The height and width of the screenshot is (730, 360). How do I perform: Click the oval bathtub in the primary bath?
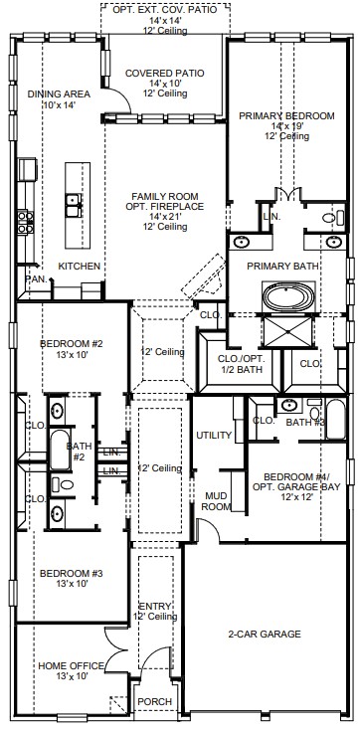pos(288,296)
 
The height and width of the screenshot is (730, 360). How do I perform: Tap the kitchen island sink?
pos(74,205)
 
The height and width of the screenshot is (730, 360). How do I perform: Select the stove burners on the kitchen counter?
pos(26,222)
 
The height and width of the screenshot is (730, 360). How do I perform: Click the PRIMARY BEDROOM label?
pos(286,116)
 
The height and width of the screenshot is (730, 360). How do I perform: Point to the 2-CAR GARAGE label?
pos(265,634)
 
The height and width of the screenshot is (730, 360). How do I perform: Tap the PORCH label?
pos(155,701)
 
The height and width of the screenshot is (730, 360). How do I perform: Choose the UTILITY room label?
pos(214,436)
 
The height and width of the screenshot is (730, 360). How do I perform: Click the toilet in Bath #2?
pos(63,484)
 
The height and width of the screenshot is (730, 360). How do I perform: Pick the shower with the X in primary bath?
pos(288,331)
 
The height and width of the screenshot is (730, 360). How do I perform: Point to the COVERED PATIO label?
pos(165,73)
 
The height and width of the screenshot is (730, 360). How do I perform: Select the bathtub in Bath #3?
pos(336,419)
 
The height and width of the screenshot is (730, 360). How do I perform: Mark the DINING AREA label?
pos(59,94)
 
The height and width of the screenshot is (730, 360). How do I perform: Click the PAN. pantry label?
pos(37,278)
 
